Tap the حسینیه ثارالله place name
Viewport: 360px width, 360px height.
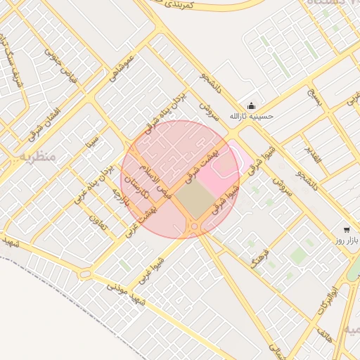252,115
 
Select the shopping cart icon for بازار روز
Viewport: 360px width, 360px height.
346,230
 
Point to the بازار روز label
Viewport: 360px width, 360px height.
346,240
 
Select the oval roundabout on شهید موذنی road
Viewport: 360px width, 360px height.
85,274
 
